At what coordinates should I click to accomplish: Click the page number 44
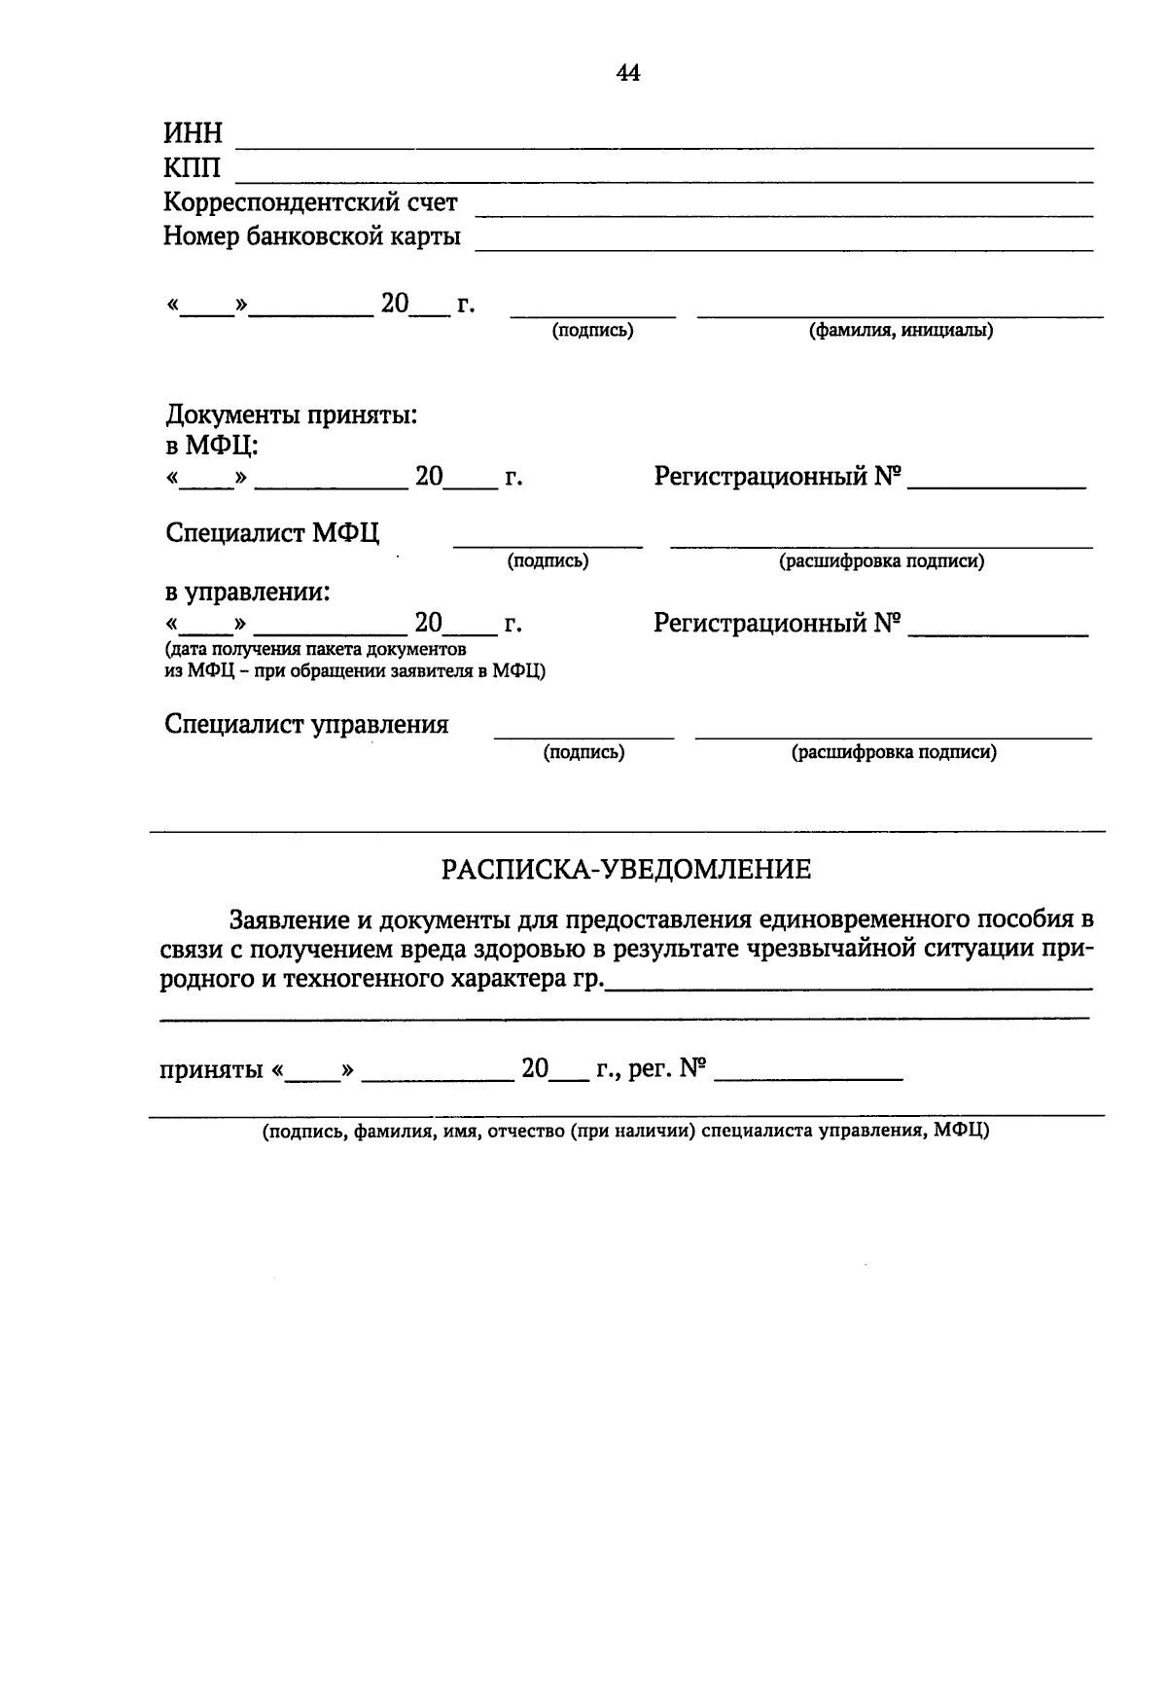pyautogui.click(x=628, y=73)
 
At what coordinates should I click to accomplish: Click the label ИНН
pyautogui.click(x=193, y=133)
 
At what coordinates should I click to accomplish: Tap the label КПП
pyautogui.click(x=192, y=168)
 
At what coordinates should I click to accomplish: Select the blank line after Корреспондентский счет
pyautogui.click(x=783, y=213)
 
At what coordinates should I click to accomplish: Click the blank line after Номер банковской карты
pyautogui.click(x=783, y=248)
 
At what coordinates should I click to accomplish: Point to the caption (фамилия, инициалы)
pyautogui.click(x=902, y=331)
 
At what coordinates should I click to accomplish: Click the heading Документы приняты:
pyautogui.click(x=291, y=415)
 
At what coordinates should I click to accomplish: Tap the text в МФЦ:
pyautogui.click(x=211, y=446)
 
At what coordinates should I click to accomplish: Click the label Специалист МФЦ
pyautogui.click(x=272, y=533)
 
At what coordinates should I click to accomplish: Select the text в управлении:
pyautogui.click(x=247, y=592)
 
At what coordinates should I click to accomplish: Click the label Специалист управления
pyautogui.click(x=306, y=725)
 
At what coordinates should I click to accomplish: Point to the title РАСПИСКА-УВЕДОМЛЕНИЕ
pyautogui.click(x=626, y=869)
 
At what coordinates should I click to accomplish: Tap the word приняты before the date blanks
pyautogui.click(x=211, y=1070)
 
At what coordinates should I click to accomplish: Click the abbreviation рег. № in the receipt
pyautogui.click(x=666, y=1069)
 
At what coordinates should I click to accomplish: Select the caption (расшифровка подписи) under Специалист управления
pyautogui.click(x=894, y=752)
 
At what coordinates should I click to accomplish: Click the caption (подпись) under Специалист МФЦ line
pyautogui.click(x=548, y=561)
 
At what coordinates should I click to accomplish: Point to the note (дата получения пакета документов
pyautogui.click(x=315, y=649)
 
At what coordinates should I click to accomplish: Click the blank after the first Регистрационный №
pyautogui.click(x=996, y=485)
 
